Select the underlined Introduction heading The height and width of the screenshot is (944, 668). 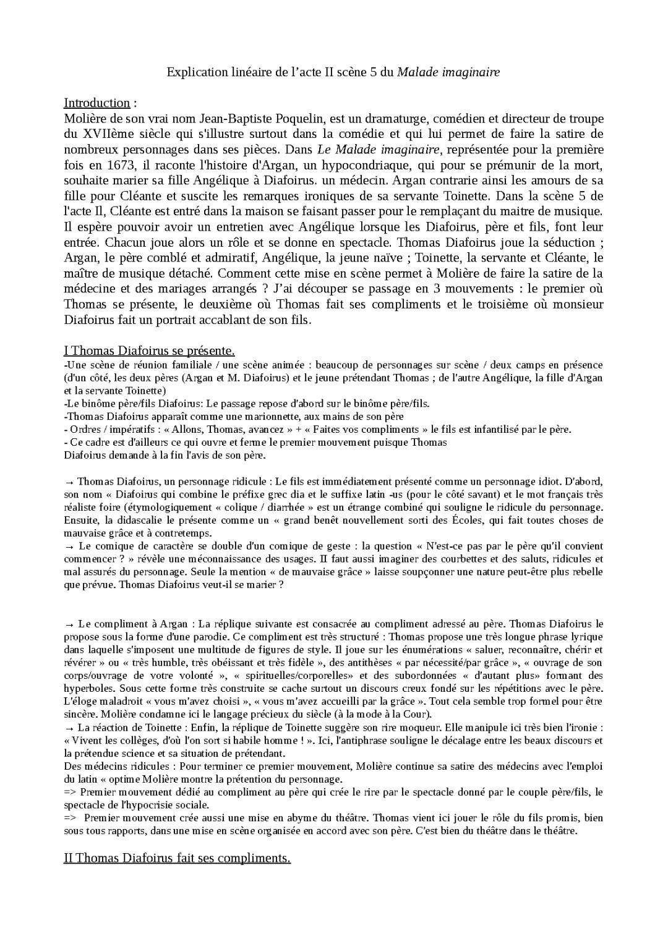tap(97, 103)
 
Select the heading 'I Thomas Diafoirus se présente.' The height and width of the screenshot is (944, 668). tap(149, 351)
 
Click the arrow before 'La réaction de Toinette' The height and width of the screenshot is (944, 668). tap(69, 728)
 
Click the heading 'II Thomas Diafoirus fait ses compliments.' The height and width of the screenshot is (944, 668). tap(177, 859)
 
